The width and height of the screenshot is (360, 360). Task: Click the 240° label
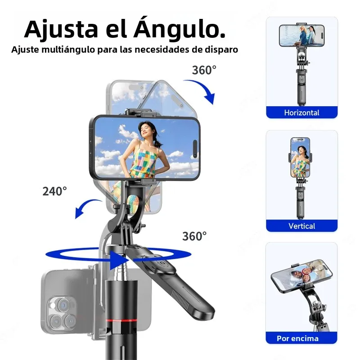[x=54, y=191]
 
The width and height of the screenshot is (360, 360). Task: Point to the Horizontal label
[x=301, y=112]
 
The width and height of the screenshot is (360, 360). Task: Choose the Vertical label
[x=301, y=226]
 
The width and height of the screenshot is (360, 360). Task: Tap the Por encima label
[x=297, y=338]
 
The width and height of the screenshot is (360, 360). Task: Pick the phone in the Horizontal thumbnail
[x=301, y=36]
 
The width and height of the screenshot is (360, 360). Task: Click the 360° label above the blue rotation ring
[x=194, y=236]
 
